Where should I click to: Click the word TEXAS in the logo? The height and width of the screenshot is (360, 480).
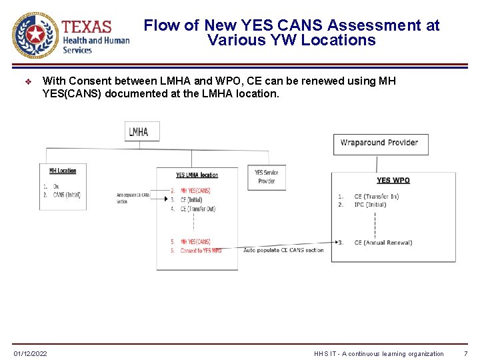pos(87,27)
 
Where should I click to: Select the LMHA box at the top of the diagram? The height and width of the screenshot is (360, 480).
pos(139,131)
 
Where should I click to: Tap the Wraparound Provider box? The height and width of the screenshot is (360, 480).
pos(380,143)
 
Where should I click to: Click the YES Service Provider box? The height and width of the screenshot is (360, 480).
pos(267,177)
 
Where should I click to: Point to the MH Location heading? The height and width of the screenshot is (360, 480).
pos(63,171)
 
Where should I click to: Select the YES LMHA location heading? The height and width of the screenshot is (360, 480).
pos(197,175)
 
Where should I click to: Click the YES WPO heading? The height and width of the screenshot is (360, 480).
pos(393,181)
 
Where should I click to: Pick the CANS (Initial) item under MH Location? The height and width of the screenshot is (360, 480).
pos(67,195)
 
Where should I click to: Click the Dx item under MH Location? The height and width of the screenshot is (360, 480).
pos(56,187)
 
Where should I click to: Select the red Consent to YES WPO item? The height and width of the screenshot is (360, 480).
pos(201,250)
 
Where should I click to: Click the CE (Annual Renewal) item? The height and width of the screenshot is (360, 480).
pos(383,243)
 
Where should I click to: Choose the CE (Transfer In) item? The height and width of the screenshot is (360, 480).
pos(376,197)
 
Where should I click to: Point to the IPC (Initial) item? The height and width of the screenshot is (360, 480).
pos(370,205)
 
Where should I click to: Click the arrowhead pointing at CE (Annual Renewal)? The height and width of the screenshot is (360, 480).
pos(336,243)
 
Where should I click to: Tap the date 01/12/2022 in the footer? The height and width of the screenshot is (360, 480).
pos(31,353)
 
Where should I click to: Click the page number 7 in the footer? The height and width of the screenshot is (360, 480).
pos(465,353)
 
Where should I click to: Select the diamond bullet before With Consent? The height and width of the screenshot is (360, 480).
pos(27,81)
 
